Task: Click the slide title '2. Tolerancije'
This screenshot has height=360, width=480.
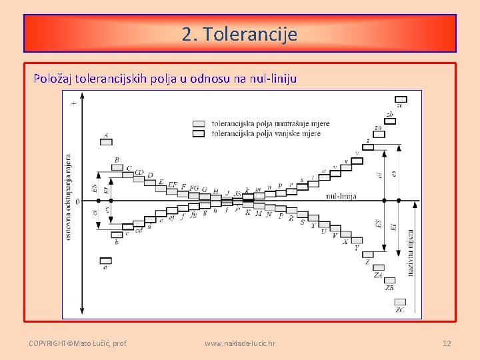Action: coord(239,33)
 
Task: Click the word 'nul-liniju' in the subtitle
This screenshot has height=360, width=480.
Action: coord(273,79)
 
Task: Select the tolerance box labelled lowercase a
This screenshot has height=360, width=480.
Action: coord(105,260)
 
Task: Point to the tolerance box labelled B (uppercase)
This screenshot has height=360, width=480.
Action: coord(117,167)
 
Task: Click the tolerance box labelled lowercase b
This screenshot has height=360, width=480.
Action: coord(117,235)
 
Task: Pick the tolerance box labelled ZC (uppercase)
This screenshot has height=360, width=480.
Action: coord(400,302)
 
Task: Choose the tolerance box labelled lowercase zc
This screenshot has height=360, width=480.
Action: coord(400,99)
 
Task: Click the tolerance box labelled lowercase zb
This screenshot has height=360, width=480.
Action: coord(390,121)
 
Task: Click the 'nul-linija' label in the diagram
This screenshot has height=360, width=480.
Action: coord(341,196)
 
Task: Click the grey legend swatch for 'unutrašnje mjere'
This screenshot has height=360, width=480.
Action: coord(199,123)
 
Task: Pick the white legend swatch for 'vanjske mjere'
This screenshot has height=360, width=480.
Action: coord(199,133)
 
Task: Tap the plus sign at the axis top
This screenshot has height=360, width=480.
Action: coord(73,102)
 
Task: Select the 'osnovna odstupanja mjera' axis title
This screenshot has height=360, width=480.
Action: coord(68,197)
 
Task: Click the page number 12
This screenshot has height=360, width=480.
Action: coord(447,343)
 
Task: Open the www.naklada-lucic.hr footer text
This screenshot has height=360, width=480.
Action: coord(240,343)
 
